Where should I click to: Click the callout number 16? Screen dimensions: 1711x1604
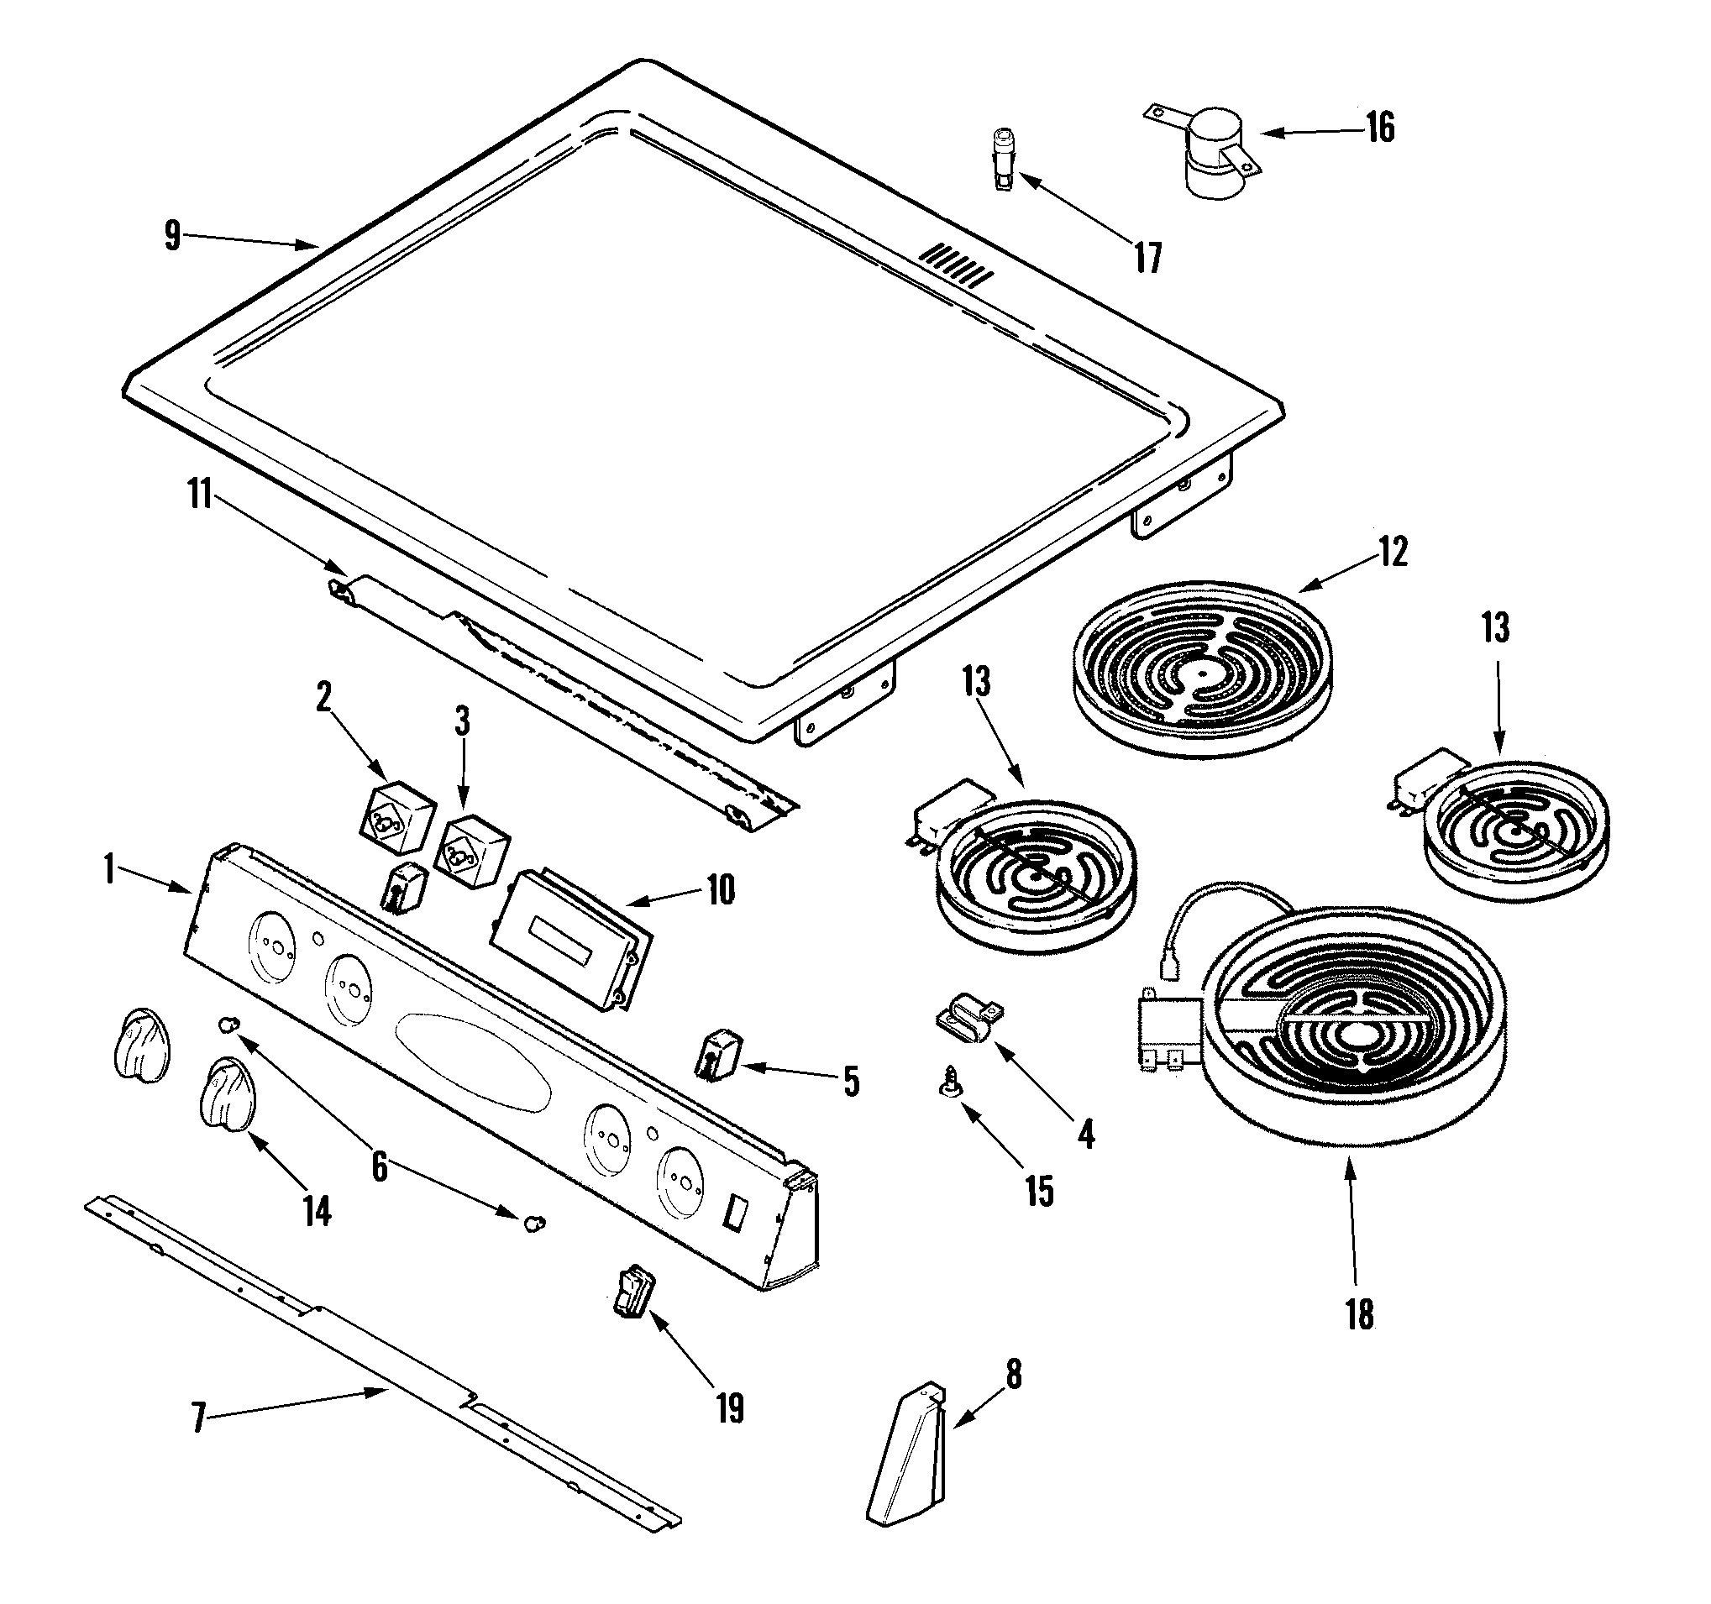1380,128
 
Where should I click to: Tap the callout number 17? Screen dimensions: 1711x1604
1148,257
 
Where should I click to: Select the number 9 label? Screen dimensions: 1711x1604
173,235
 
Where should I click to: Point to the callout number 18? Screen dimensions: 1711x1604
1360,1315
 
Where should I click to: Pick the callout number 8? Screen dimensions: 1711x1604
1014,1375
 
